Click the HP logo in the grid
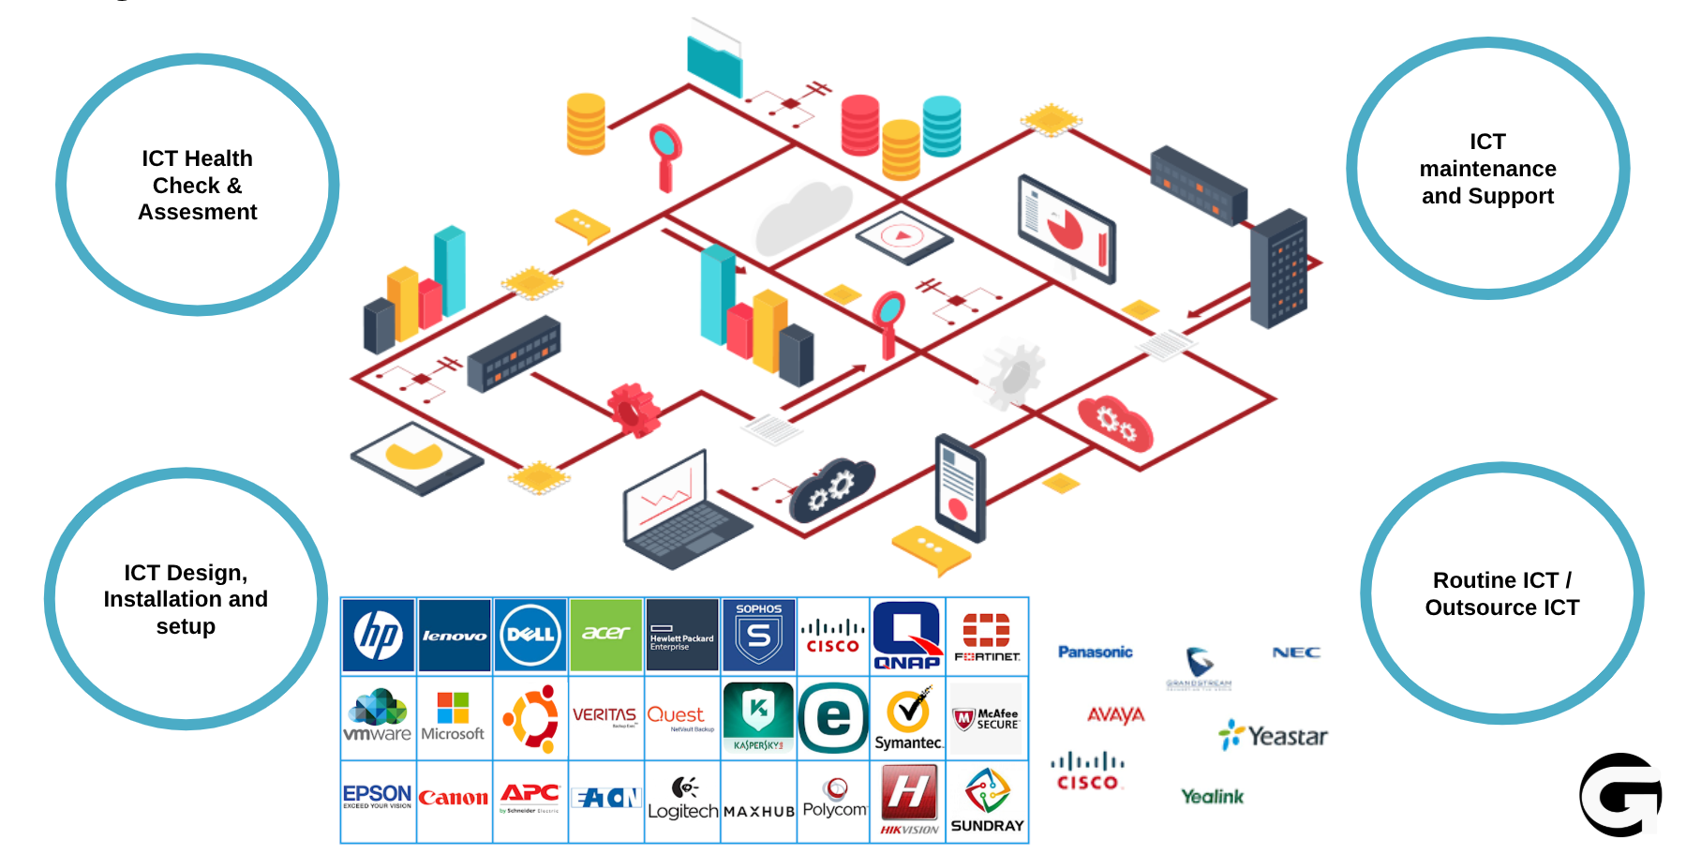click(378, 635)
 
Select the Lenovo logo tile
click(455, 636)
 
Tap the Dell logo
click(530, 635)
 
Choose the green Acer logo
click(605, 635)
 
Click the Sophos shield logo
click(758, 635)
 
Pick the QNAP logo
click(907, 636)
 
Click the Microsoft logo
click(453, 717)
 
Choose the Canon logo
click(454, 798)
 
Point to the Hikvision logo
click(907, 800)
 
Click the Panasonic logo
click(1095, 652)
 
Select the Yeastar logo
click(1273, 736)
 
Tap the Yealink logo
click(1212, 796)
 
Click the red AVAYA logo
click(1115, 714)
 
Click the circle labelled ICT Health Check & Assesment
click(198, 185)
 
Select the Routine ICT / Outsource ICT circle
click(1501, 593)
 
